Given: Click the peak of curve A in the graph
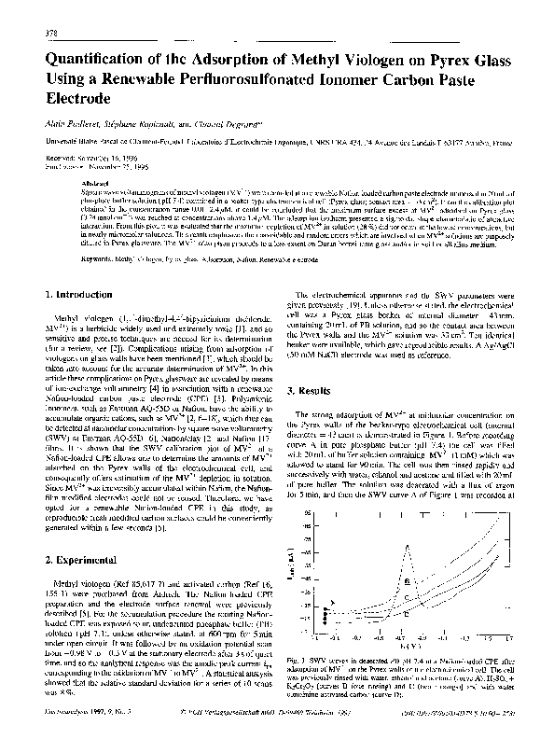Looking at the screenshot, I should coord(407,548).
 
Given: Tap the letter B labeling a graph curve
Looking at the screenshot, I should coord(406,580).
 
